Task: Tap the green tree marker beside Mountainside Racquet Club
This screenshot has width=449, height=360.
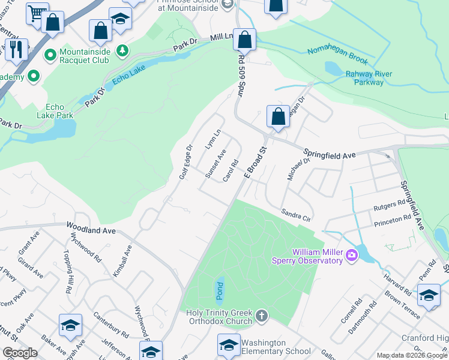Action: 122,50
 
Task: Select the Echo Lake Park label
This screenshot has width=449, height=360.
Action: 55,111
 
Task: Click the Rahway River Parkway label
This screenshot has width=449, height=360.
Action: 369,78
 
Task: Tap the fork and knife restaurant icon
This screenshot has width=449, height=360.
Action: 16,49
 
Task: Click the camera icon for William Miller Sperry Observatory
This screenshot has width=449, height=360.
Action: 351,256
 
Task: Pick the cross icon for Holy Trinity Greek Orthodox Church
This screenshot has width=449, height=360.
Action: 261,316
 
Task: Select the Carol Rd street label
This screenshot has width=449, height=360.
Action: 231,170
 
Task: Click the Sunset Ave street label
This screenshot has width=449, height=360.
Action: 215,164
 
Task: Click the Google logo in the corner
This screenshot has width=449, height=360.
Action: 20,353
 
